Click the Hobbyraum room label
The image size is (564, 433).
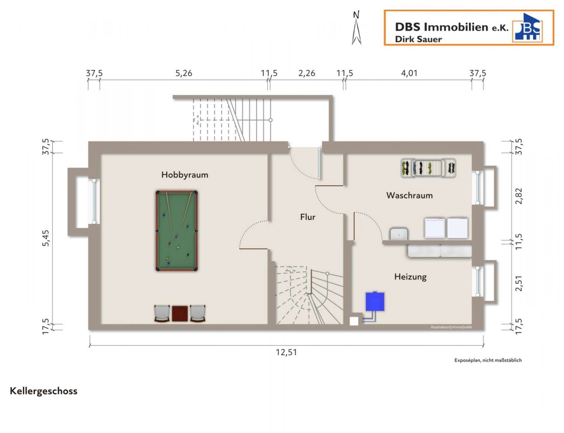pos(185,175)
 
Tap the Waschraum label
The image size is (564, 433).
pos(409,195)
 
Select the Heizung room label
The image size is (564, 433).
pos(410,277)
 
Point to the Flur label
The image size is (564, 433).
pos(307,217)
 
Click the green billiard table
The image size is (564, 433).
pos(177,231)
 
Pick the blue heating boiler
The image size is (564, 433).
pos(375,302)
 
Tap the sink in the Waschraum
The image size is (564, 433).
pos(398,234)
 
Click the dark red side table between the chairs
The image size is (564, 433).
pos(180,314)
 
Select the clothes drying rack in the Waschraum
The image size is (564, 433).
pos(428,168)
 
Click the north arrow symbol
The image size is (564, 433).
pos(356,28)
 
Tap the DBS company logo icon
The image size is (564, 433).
pos(528,27)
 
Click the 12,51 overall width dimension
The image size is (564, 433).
pos(286,352)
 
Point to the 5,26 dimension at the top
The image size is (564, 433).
pos(184,73)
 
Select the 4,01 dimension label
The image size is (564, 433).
pos(409,73)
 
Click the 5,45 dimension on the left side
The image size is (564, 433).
pos(46,238)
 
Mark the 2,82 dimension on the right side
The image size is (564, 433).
pos(519,196)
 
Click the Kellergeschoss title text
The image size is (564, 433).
pos(44,391)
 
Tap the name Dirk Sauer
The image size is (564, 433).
pos(418,39)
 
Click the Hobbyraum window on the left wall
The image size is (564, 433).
pos(94,201)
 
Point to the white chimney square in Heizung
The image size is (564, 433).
pos(354,322)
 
